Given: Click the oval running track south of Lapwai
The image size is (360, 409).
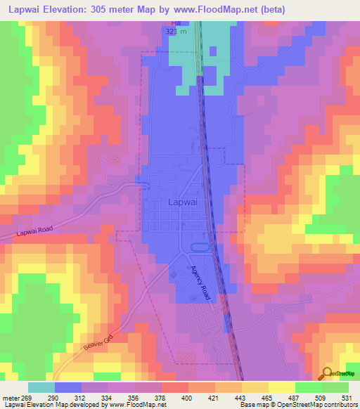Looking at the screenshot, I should click(x=200, y=247).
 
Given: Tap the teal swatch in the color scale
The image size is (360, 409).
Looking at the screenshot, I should click(x=41, y=387).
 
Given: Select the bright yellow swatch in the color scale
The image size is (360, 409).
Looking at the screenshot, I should click(x=281, y=387).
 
